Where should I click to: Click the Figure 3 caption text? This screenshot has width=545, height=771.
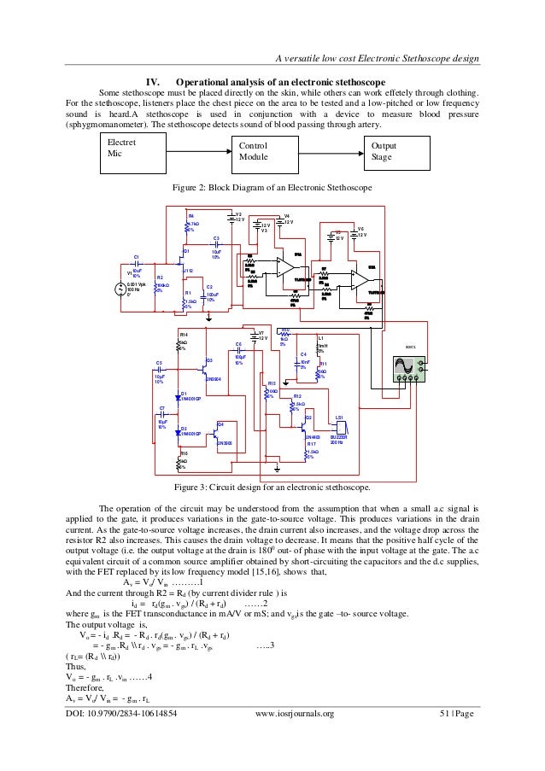(272, 489)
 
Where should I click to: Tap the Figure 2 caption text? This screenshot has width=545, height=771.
(272, 188)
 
